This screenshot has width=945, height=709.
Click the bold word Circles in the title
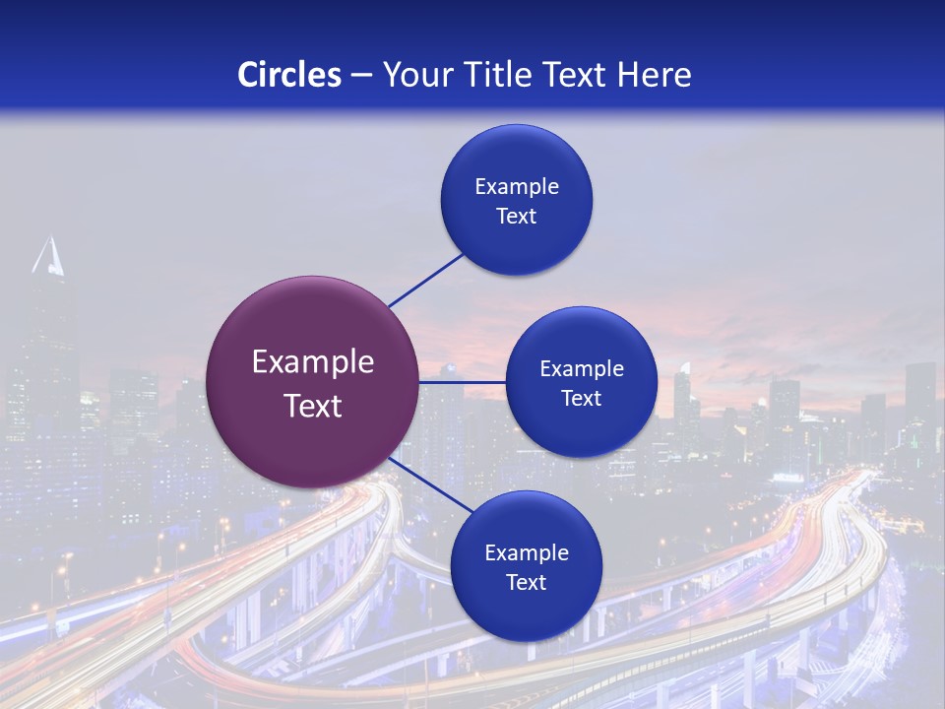pos(288,75)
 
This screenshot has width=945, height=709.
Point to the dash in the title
pos(361,76)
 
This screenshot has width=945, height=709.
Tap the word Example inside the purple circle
pos(313,362)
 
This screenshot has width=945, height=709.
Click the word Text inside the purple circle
pos(313,406)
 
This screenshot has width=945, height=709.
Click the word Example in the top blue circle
pos(517,187)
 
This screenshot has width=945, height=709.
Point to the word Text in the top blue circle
pos(517,217)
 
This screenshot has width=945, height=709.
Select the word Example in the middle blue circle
pos(582,369)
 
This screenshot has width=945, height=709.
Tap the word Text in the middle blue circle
pos(582,399)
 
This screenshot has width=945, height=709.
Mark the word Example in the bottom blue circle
pos(527,553)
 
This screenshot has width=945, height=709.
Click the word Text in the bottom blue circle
pos(527,583)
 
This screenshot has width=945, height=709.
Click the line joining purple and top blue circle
pos(425,281)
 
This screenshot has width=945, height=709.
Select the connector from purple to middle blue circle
pos(462,382)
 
